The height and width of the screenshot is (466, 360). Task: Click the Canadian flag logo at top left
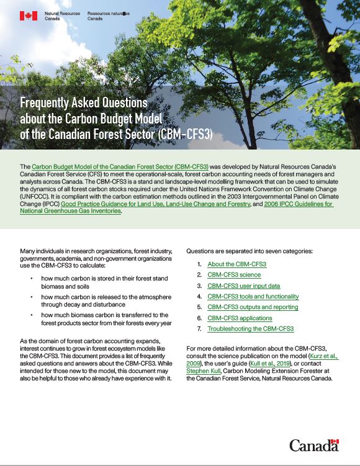[29, 16]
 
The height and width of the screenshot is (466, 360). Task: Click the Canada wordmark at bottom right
[313, 445]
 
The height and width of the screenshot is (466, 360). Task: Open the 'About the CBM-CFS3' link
[236, 264]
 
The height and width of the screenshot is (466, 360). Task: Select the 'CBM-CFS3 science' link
[234, 275]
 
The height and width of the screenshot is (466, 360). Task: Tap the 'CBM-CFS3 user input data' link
[244, 285]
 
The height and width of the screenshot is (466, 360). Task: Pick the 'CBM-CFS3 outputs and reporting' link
[253, 307]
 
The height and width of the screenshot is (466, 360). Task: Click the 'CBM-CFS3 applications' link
[239, 318]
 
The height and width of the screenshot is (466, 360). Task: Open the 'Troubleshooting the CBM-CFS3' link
[250, 329]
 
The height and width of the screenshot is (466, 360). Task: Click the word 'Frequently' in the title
[49, 102]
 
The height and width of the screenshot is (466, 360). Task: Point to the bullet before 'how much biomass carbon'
[32, 315]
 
